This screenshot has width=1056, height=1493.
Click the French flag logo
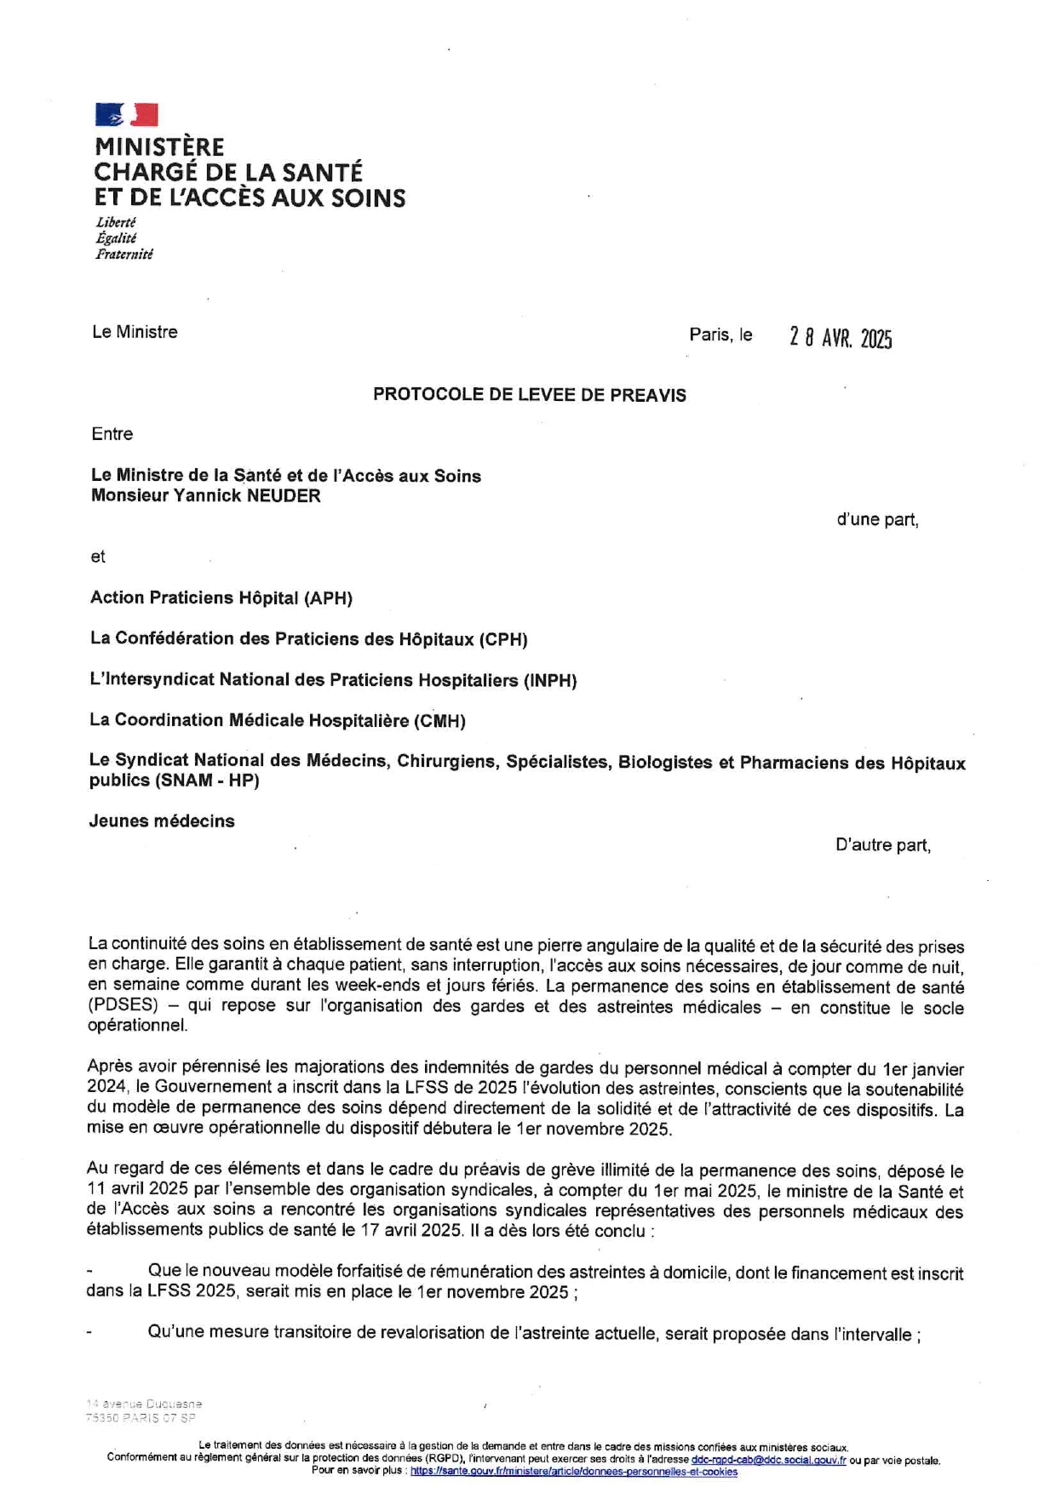(x=126, y=114)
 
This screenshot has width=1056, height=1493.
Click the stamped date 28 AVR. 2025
(x=841, y=338)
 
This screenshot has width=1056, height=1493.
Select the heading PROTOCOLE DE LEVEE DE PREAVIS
(x=529, y=395)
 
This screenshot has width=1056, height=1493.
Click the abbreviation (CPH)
(x=503, y=639)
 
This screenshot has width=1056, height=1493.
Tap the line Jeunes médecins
(x=162, y=821)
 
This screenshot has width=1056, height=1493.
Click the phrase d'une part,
(x=877, y=519)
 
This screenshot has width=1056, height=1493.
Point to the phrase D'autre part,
(x=882, y=845)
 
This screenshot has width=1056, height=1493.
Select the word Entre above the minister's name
(x=112, y=434)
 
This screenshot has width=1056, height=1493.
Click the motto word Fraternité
(x=124, y=254)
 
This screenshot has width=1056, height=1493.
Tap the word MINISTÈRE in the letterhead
(x=159, y=147)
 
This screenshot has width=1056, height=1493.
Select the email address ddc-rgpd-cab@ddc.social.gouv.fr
(x=768, y=1461)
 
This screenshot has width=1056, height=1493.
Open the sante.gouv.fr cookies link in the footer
(x=573, y=1471)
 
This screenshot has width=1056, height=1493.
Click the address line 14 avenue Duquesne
(x=144, y=1404)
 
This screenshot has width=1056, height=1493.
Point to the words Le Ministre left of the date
(x=135, y=332)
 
